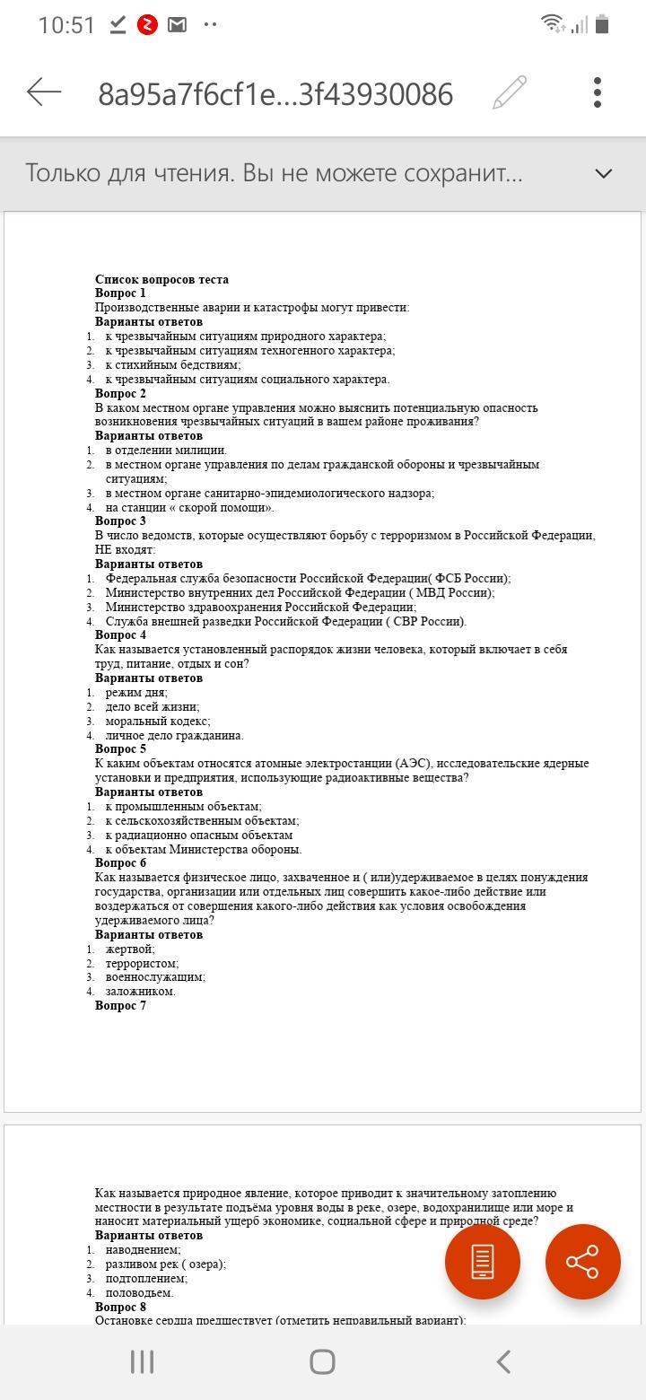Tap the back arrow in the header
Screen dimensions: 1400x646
point(44,92)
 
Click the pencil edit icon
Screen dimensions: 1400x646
point(510,92)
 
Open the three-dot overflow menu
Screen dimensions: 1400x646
point(598,92)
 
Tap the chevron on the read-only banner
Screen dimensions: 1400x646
point(604,173)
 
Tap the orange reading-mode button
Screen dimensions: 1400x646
point(483,1261)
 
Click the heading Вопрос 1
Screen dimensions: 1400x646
point(120,293)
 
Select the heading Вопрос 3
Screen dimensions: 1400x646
point(120,521)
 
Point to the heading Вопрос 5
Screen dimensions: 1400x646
point(120,749)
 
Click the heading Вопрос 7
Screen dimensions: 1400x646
point(120,1006)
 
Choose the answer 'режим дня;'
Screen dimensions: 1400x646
point(136,693)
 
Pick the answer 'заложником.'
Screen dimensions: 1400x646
point(141,992)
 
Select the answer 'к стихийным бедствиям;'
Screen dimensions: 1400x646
point(173,365)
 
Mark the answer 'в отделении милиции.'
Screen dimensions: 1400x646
point(166,451)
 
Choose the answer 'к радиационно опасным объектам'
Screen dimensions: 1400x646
point(199,836)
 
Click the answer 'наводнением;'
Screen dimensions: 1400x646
point(144,1250)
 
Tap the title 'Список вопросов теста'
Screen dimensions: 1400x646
point(161,279)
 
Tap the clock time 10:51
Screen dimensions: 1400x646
point(66,25)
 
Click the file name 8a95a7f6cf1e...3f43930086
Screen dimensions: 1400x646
point(275,93)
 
